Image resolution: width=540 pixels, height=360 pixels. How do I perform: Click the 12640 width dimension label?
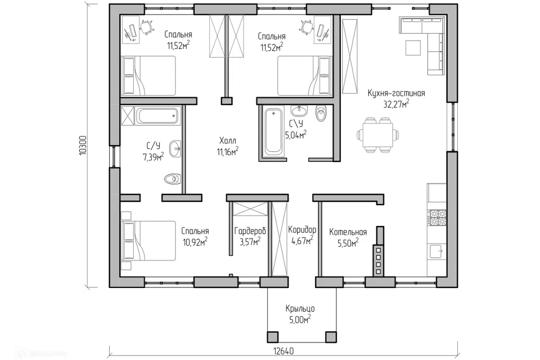click(x=283, y=351)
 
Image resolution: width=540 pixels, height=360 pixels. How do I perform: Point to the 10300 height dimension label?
click(x=83, y=145)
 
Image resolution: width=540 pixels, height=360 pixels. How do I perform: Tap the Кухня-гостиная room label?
click(x=396, y=93)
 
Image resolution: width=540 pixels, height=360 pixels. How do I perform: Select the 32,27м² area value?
click(x=396, y=103)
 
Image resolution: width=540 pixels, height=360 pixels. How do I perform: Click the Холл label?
click(x=228, y=141)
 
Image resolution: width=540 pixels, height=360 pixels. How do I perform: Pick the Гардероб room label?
click(x=250, y=231)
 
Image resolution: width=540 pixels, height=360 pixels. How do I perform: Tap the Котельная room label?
click(x=348, y=232)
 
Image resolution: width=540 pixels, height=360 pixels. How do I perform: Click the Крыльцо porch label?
click(x=300, y=309)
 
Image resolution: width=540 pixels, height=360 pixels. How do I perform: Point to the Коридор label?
click(x=302, y=229)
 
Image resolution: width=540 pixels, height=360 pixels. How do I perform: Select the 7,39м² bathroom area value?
click(x=153, y=157)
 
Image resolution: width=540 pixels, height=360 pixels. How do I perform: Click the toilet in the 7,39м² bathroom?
click(x=173, y=179)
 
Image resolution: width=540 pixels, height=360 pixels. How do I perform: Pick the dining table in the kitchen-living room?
click(x=377, y=134)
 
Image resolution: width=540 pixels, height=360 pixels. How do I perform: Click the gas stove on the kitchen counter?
click(x=436, y=217)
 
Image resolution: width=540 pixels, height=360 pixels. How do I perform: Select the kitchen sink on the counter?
click(x=436, y=251)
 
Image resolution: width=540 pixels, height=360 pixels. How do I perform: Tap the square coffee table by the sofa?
click(x=413, y=48)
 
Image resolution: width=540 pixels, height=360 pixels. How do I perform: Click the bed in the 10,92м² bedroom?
click(x=148, y=241)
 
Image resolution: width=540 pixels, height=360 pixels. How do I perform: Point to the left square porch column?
click(x=273, y=337)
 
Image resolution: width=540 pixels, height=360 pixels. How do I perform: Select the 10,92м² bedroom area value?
click(x=195, y=242)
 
